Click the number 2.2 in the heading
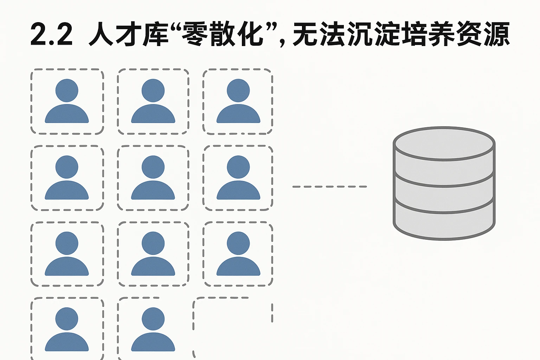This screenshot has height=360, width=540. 51,34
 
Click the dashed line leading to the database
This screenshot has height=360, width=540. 329,186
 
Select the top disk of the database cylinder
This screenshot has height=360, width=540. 444,144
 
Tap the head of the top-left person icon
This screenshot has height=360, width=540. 67,90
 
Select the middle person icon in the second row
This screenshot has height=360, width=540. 153,178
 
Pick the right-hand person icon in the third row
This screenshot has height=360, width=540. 238,253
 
